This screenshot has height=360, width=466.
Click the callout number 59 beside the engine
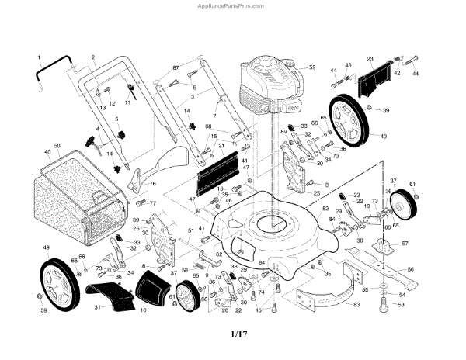click(x=312, y=68)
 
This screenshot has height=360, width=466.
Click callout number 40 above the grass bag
click(x=47, y=151)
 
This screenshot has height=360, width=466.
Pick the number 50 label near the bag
click(x=57, y=146)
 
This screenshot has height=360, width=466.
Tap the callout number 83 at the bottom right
click(x=356, y=305)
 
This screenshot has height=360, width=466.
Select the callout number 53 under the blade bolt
click(x=402, y=305)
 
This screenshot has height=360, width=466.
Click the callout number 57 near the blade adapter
click(x=405, y=243)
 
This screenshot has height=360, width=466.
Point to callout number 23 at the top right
click(x=370, y=58)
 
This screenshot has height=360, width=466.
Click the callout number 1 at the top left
click(x=38, y=58)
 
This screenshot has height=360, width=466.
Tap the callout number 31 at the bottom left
click(x=97, y=308)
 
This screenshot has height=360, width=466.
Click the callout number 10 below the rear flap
click(x=143, y=310)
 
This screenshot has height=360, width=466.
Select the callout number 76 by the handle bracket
click(x=152, y=184)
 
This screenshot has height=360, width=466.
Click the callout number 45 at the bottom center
click(x=258, y=310)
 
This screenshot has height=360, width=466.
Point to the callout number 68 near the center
click(x=208, y=126)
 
